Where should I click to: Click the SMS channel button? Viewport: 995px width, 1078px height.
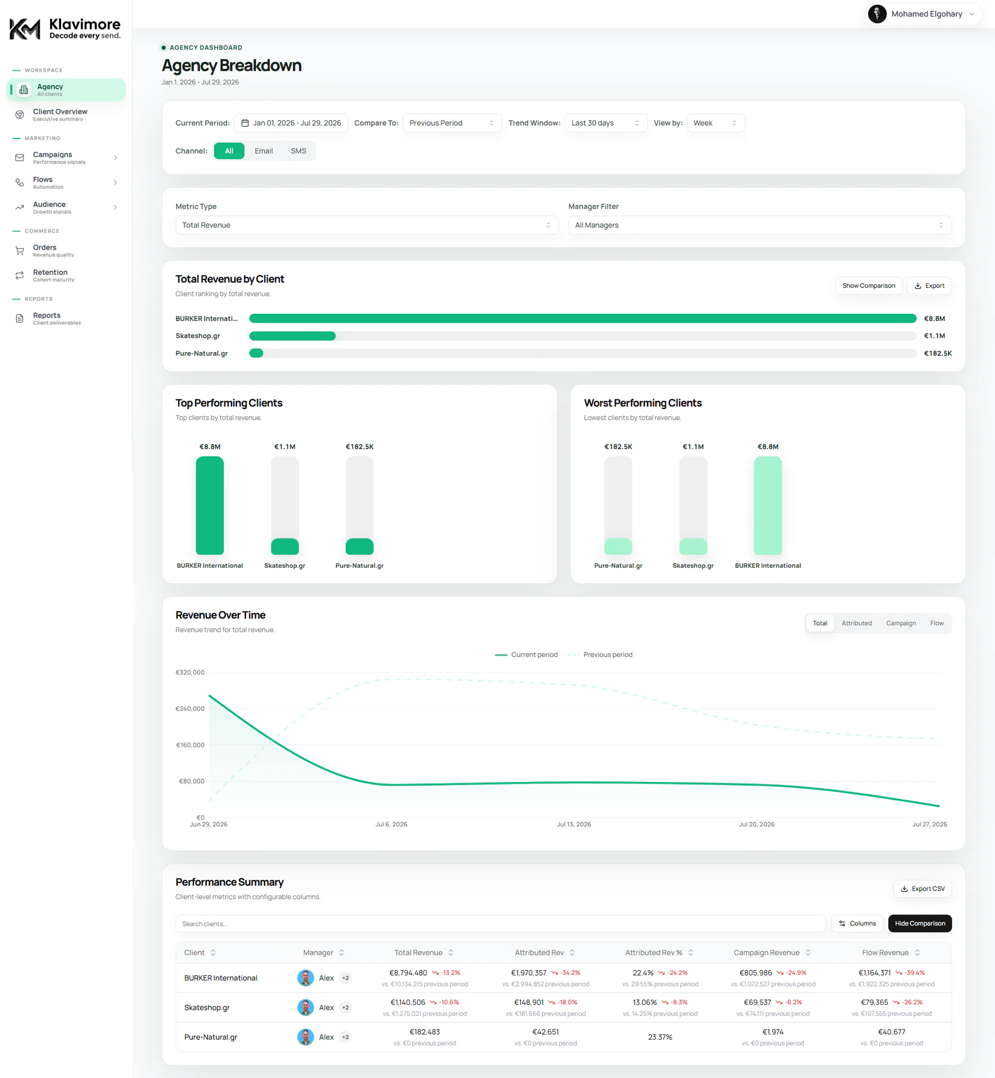click(x=298, y=151)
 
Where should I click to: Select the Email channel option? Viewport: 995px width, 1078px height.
click(x=263, y=151)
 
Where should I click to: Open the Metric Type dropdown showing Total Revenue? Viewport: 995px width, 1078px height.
click(x=366, y=225)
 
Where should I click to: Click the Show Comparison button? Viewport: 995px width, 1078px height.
click(x=868, y=286)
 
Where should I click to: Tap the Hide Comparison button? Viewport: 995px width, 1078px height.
click(x=920, y=923)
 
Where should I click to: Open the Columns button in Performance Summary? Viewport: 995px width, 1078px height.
click(x=857, y=923)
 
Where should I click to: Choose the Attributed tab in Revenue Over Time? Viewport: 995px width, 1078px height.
click(x=857, y=623)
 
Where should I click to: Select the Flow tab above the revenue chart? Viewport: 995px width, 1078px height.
click(x=937, y=623)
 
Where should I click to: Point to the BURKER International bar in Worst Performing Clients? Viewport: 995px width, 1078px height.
click(x=768, y=505)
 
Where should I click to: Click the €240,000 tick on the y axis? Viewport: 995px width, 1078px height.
click(x=190, y=708)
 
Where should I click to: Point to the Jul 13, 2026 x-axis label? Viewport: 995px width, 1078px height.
click(x=574, y=825)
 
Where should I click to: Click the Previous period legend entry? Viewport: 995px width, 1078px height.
click(x=599, y=655)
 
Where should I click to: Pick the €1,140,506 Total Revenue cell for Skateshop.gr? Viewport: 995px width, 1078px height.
click(x=408, y=1003)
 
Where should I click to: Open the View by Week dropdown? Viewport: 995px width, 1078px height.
click(x=715, y=123)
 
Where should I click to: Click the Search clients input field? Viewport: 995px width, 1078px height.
click(x=500, y=923)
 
